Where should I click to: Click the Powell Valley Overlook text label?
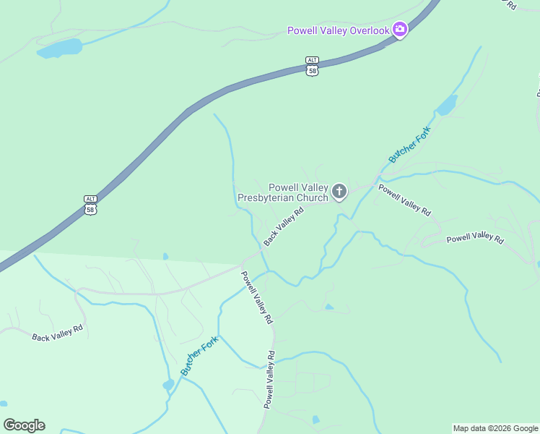[338, 30]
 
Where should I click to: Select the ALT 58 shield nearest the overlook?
[312, 66]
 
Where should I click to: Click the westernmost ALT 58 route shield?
[90, 205]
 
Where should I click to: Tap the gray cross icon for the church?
[339, 192]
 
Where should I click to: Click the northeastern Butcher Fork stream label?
[409, 144]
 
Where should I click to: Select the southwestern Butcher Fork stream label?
[199, 356]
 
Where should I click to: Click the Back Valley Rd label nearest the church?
[284, 226]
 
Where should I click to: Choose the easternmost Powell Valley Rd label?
[474, 239]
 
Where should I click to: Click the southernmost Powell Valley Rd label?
[269, 380]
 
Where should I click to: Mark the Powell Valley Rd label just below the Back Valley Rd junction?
[257, 297]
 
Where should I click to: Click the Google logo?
[24, 425]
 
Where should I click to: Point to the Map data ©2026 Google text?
[495, 428]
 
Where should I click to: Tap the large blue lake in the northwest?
[61, 48]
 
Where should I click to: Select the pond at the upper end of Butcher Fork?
[446, 106]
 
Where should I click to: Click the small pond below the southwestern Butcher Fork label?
[169, 384]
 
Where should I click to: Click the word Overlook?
[370, 30]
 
